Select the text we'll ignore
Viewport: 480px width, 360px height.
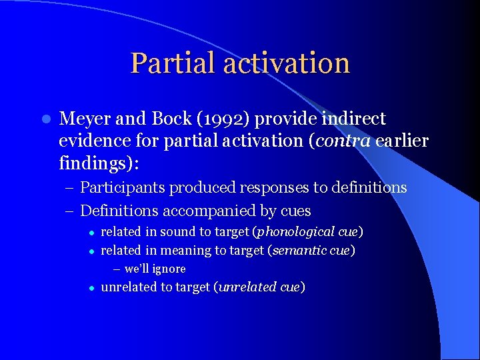click(155, 269)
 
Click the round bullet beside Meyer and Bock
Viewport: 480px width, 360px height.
click(45, 119)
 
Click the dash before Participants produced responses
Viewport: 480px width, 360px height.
click(71, 188)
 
